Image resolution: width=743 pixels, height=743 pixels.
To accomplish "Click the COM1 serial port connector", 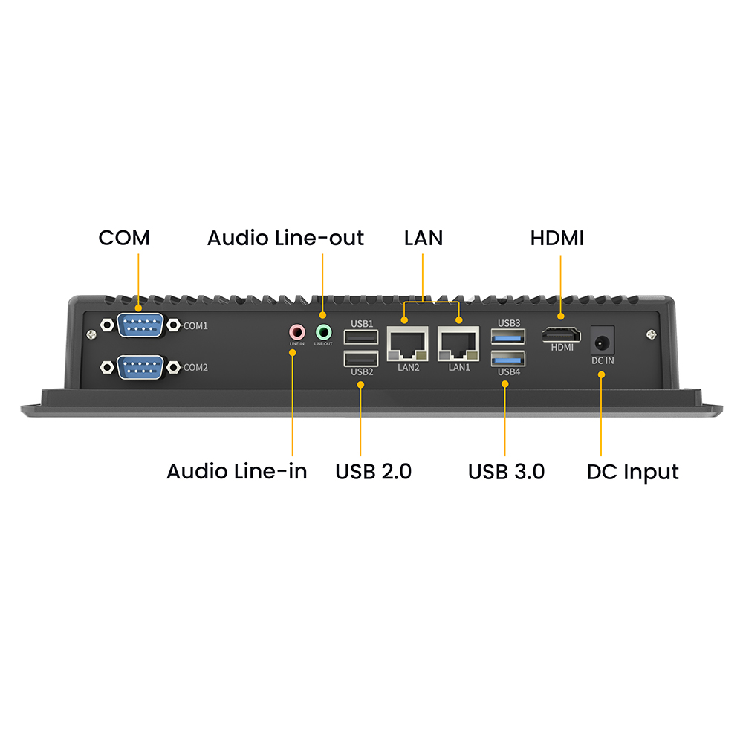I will (x=140, y=325).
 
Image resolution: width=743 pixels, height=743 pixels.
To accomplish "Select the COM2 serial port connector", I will (x=140, y=366).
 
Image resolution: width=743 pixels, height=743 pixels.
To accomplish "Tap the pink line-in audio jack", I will (x=297, y=331).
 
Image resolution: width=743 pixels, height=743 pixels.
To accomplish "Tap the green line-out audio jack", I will (x=323, y=331).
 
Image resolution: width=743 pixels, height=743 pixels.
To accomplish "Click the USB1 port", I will (x=360, y=338).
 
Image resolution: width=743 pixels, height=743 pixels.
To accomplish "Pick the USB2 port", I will (x=360, y=360).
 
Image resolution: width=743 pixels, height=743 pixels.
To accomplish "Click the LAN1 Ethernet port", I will (x=459, y=343).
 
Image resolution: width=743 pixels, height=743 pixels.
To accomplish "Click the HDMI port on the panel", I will (x=562, y=334).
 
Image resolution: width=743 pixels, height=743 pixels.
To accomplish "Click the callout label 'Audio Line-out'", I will (x=285, y=239).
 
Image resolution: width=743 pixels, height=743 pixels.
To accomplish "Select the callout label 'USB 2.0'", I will (x=373, y=472).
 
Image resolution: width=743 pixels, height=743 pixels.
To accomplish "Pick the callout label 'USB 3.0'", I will (x=506, y=472).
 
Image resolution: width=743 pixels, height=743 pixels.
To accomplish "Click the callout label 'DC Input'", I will (x=632, y=472).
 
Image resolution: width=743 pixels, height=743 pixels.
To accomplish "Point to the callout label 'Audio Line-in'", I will (x=236, y=472).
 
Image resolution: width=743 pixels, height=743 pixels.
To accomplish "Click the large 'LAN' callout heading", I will (x=423, y=239).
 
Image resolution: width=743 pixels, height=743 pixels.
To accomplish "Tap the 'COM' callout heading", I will (x=124, y=239).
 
